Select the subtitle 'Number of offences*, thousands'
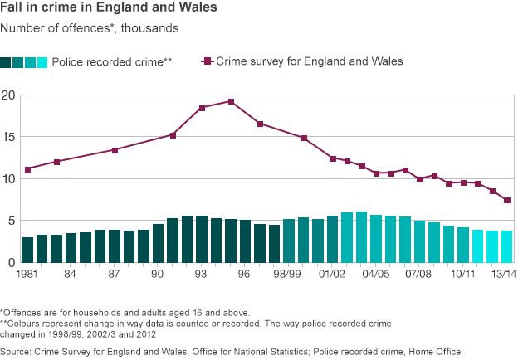(x=90, y=27)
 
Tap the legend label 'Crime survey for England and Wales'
(x=310, y=61)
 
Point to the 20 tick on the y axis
(x=7, y=95)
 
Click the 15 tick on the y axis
(x=7, y=137)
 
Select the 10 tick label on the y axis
(x=7, y=179)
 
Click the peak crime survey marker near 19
(x=231, y=101)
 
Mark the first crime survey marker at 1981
(x=27, y=169)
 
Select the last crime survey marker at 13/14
(x=506, y=200)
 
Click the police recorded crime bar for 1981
(x=27, y=250)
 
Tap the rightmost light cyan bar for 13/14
(x=506, y=246)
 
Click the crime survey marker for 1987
(x=115, y=150)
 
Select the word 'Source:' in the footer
(x=17, y=352)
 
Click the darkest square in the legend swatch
(x=6, y=62)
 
